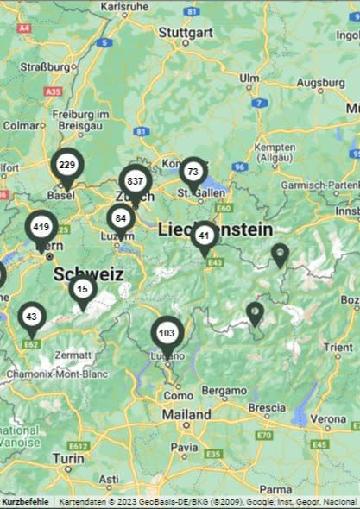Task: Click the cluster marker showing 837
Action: pyautogui.click(x=135, y=182)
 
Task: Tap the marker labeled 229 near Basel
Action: pyautogui.click(x=66, y=166)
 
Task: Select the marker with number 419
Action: pyautogui.click(x=41, y=229)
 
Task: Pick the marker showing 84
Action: pyautogui.click(x=121, y=219)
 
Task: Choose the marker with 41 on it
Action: pyautogui.click(x=205, y=236)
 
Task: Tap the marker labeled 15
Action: pyautogui.click(x=82, y=290)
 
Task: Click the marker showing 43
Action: pyautogui.click(x=32, y=317)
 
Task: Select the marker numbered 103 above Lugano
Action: pyautogui.click(x=167, y=334)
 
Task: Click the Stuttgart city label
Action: pyautogui.click(x=186, y=33)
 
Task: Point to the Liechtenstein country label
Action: pyautogui.click(x=215, y=229)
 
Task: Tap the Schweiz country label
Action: pyautogui.click(x=88, y=274)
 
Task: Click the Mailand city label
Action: pyautogui.click(x=186, y=414)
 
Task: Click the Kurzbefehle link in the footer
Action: pyautogui.click(x=25, y=501)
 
